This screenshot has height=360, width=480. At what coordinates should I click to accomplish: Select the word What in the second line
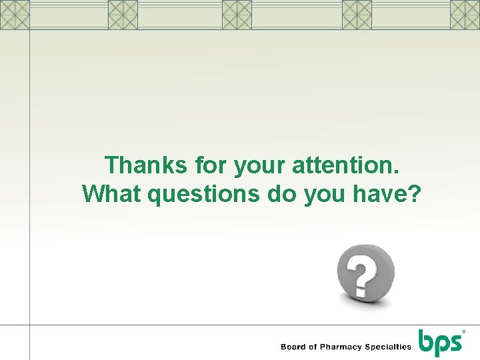click(111, 193)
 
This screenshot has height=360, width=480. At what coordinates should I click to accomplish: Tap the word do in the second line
click(282, 193)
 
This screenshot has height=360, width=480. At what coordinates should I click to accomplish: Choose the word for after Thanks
click(210, 164)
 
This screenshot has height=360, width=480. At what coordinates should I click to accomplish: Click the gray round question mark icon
click(365, 272)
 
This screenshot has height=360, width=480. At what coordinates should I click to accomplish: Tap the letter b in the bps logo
click(427, 340)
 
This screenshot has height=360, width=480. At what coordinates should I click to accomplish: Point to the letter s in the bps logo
click(455, 342)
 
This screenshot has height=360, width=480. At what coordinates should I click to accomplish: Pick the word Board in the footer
click(294, 347)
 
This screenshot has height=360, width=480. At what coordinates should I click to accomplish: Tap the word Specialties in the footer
click(387, 347)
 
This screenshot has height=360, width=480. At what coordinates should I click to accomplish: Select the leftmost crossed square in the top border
click(15, 15)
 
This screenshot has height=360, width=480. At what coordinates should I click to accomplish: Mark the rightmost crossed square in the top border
click(465, 15)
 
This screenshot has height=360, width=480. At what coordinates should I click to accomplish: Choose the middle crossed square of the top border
click(237, 15)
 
